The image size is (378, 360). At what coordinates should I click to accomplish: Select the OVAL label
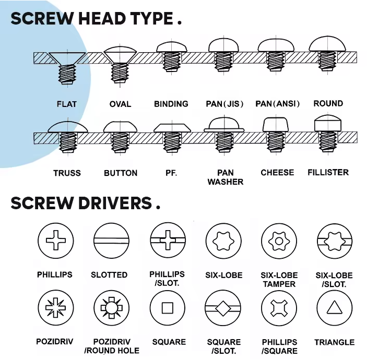click(x=120, y=104)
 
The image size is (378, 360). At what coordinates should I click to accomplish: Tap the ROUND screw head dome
click(x=327, y=44)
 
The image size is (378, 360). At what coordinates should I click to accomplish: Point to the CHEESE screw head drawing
click(x=276, y=135)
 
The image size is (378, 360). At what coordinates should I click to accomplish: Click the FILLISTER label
click(x=328, y=172)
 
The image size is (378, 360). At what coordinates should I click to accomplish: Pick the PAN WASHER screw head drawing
click(x=224, y=135)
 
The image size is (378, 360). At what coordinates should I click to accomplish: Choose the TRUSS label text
click(x=67, y=173)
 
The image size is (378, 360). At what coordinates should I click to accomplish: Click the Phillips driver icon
click(x=56, y=240)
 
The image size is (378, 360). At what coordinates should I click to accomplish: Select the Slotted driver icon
click(x=111, y=241)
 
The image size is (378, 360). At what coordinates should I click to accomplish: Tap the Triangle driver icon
click(x=335, y=308)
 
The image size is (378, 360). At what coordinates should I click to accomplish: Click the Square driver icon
click(x=168, y=308)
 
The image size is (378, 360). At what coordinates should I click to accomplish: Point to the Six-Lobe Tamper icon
click(x=279, y=241)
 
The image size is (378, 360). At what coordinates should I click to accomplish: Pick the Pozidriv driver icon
click(x=56, y=307)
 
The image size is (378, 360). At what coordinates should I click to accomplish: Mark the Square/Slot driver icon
click(x=223, y=308)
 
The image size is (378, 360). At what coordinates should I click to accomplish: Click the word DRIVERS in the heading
click(x=115, y=203)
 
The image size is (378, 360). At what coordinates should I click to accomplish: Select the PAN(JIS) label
click(x=225, y=104)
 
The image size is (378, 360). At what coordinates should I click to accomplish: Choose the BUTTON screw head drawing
click(x=120, y=137)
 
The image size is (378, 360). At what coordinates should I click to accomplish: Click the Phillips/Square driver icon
click(x=279, y=308)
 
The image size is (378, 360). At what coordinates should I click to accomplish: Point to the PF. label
click(x=171, y=173)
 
